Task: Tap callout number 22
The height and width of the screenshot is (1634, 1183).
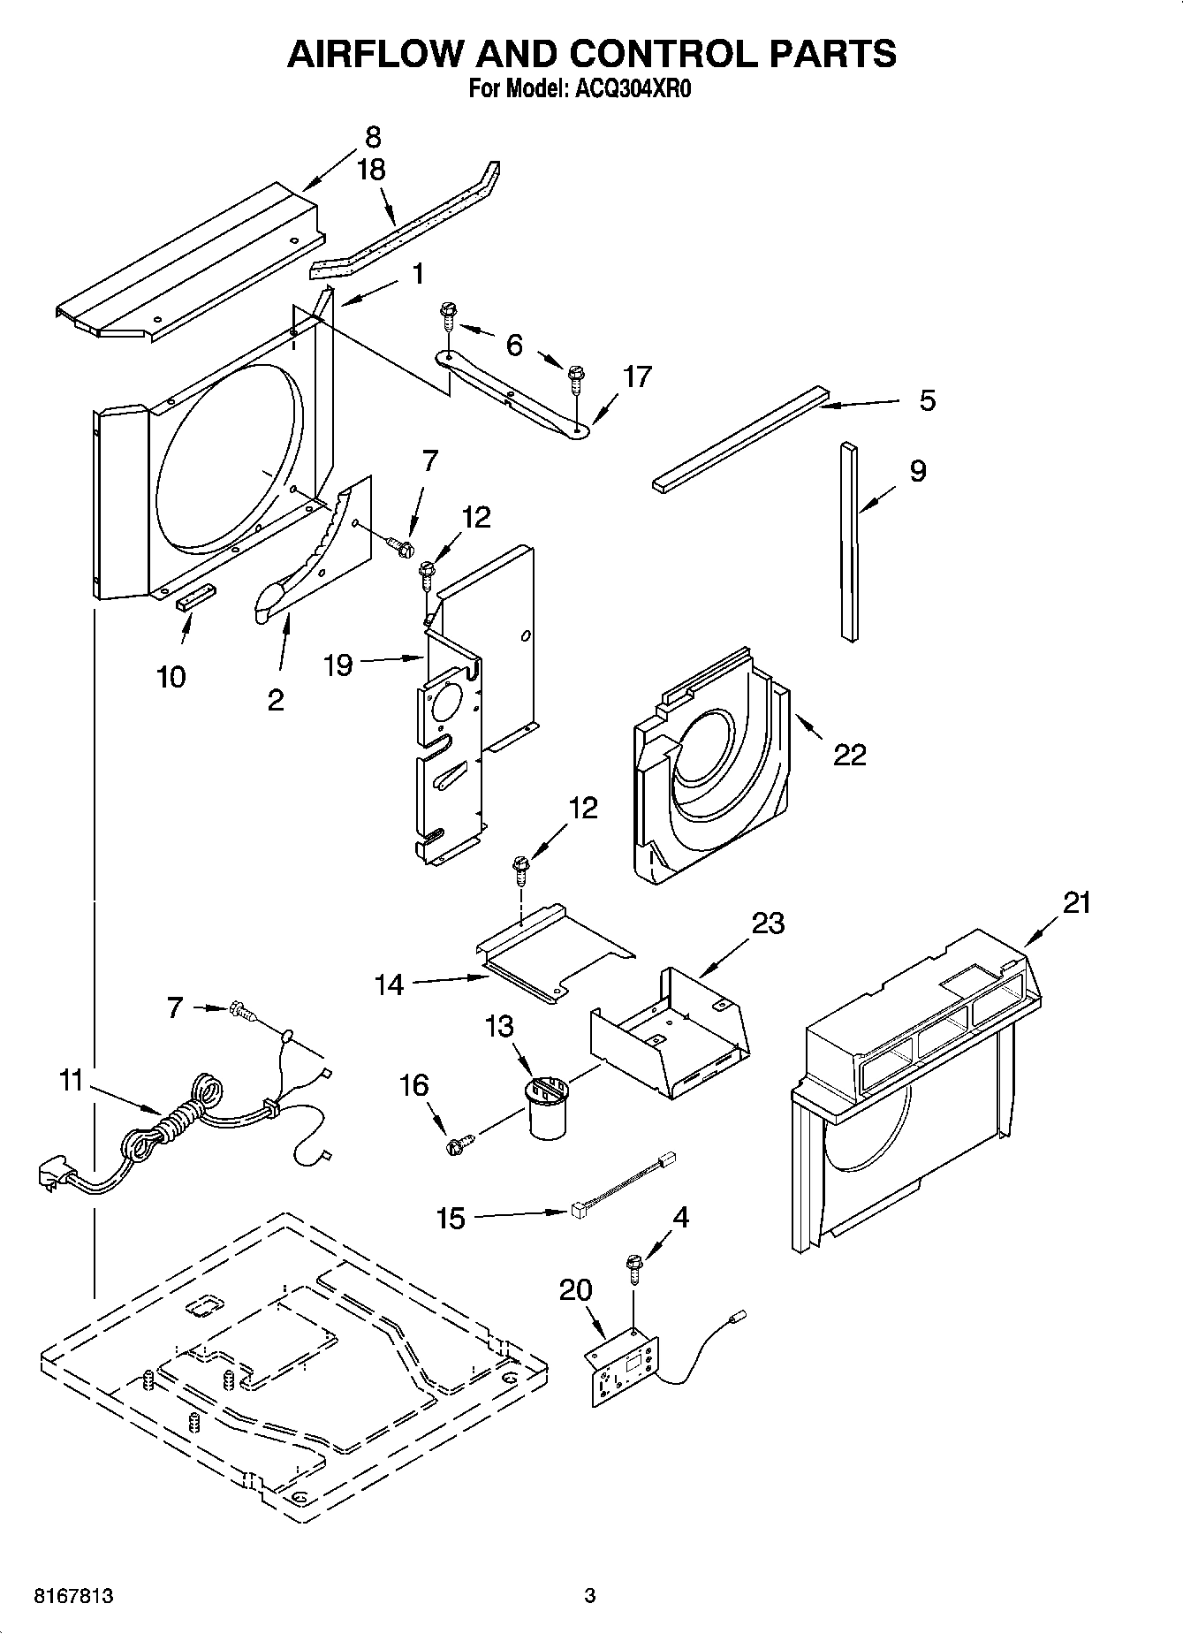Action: pos(849,754)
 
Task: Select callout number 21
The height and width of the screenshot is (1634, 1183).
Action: pos(1076,902)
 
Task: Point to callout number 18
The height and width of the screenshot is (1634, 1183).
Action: pos(372,170)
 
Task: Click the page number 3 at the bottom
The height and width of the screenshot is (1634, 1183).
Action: pos(590,1596)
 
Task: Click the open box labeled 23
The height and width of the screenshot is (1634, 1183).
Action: pos(671,1025)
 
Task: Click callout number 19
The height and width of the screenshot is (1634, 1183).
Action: pos(338,665)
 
